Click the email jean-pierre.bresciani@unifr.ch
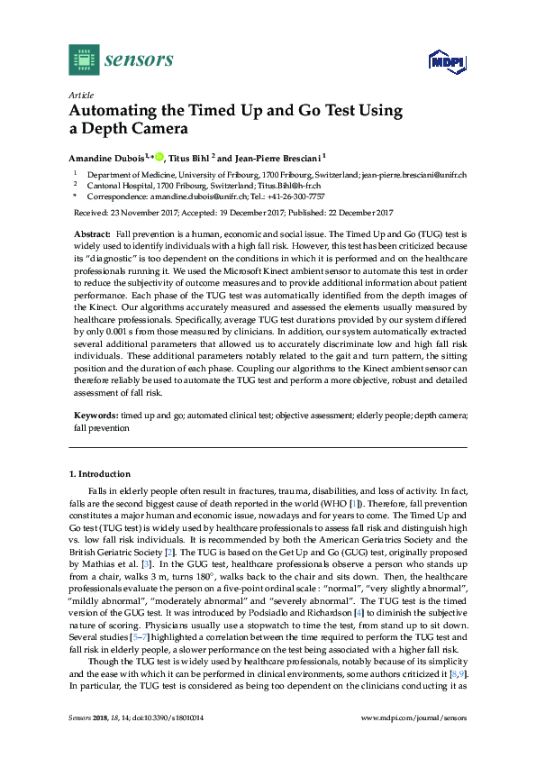click(x=413, y=175)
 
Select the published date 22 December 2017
click(x=348, y=213)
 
